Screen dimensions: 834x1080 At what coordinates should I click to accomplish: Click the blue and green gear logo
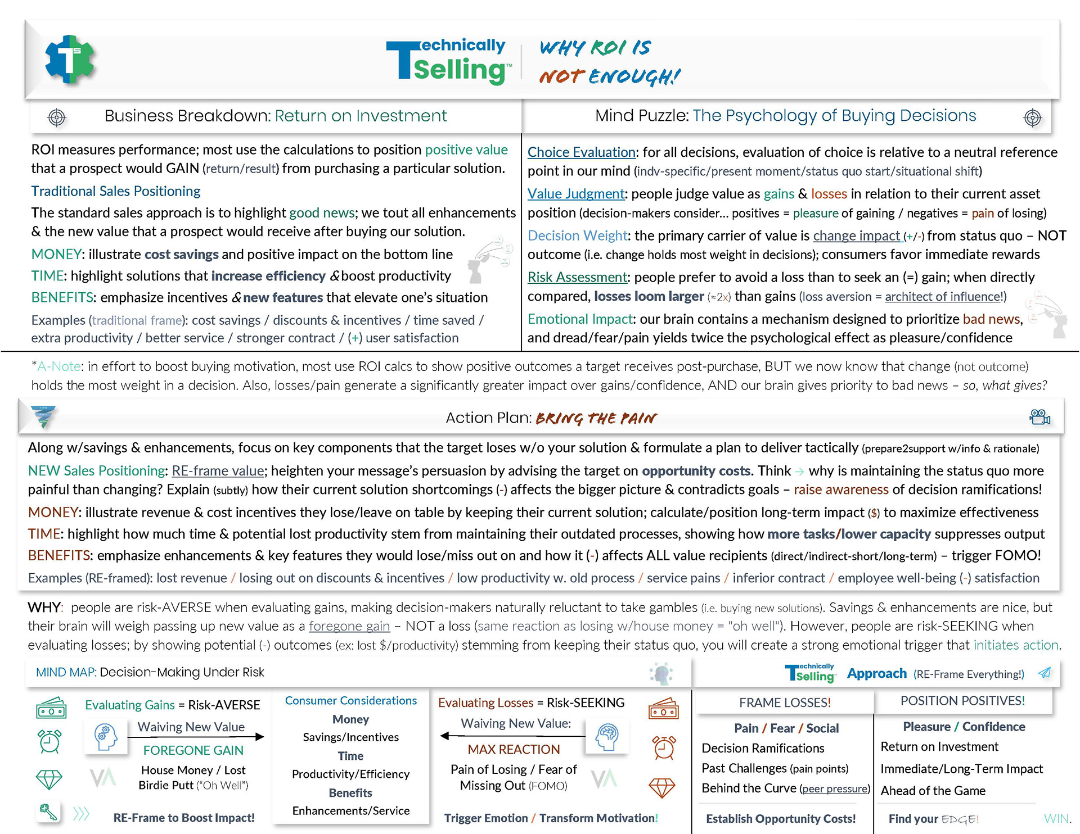[70, 59]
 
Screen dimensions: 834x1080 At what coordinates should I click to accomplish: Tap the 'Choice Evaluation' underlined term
[582, 152]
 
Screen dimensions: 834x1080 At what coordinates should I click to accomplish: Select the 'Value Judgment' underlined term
[576, 194]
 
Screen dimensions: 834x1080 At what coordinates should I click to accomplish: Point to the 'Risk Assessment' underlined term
[577, 277]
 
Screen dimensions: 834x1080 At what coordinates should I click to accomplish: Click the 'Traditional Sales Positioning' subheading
[116, 191]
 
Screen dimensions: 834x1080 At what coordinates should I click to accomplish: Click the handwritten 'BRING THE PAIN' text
[596, 418]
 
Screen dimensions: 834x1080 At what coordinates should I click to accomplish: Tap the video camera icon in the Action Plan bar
[1039, 417]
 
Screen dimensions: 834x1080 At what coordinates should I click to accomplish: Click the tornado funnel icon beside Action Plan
[43, 416]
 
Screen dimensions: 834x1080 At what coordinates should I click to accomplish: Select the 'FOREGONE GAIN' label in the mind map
[193, 750]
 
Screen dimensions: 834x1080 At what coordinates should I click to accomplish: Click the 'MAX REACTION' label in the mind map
[514, 749]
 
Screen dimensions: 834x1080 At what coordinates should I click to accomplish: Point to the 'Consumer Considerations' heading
[350, 701]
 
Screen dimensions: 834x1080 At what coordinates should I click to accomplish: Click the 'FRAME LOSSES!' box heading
[785, 702]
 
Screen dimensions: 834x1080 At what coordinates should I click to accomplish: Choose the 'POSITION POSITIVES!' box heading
[962, 701]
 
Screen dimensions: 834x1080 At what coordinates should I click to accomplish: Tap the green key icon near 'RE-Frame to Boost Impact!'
[48, 812]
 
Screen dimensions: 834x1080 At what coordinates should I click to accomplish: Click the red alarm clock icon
[664, 747]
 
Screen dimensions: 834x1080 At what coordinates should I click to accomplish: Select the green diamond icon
[49, 779]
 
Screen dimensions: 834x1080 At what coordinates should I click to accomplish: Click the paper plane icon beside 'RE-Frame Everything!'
[1045, 673]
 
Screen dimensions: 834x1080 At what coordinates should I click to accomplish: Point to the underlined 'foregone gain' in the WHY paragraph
[349, 626]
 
